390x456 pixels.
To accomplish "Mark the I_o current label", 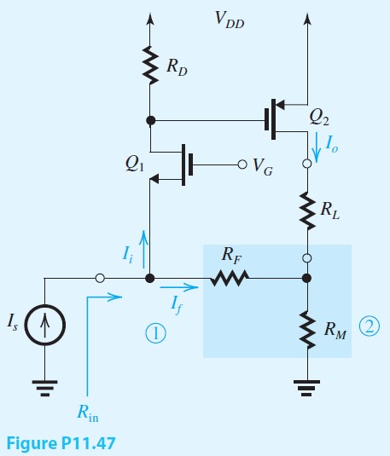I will click(331, 142).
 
